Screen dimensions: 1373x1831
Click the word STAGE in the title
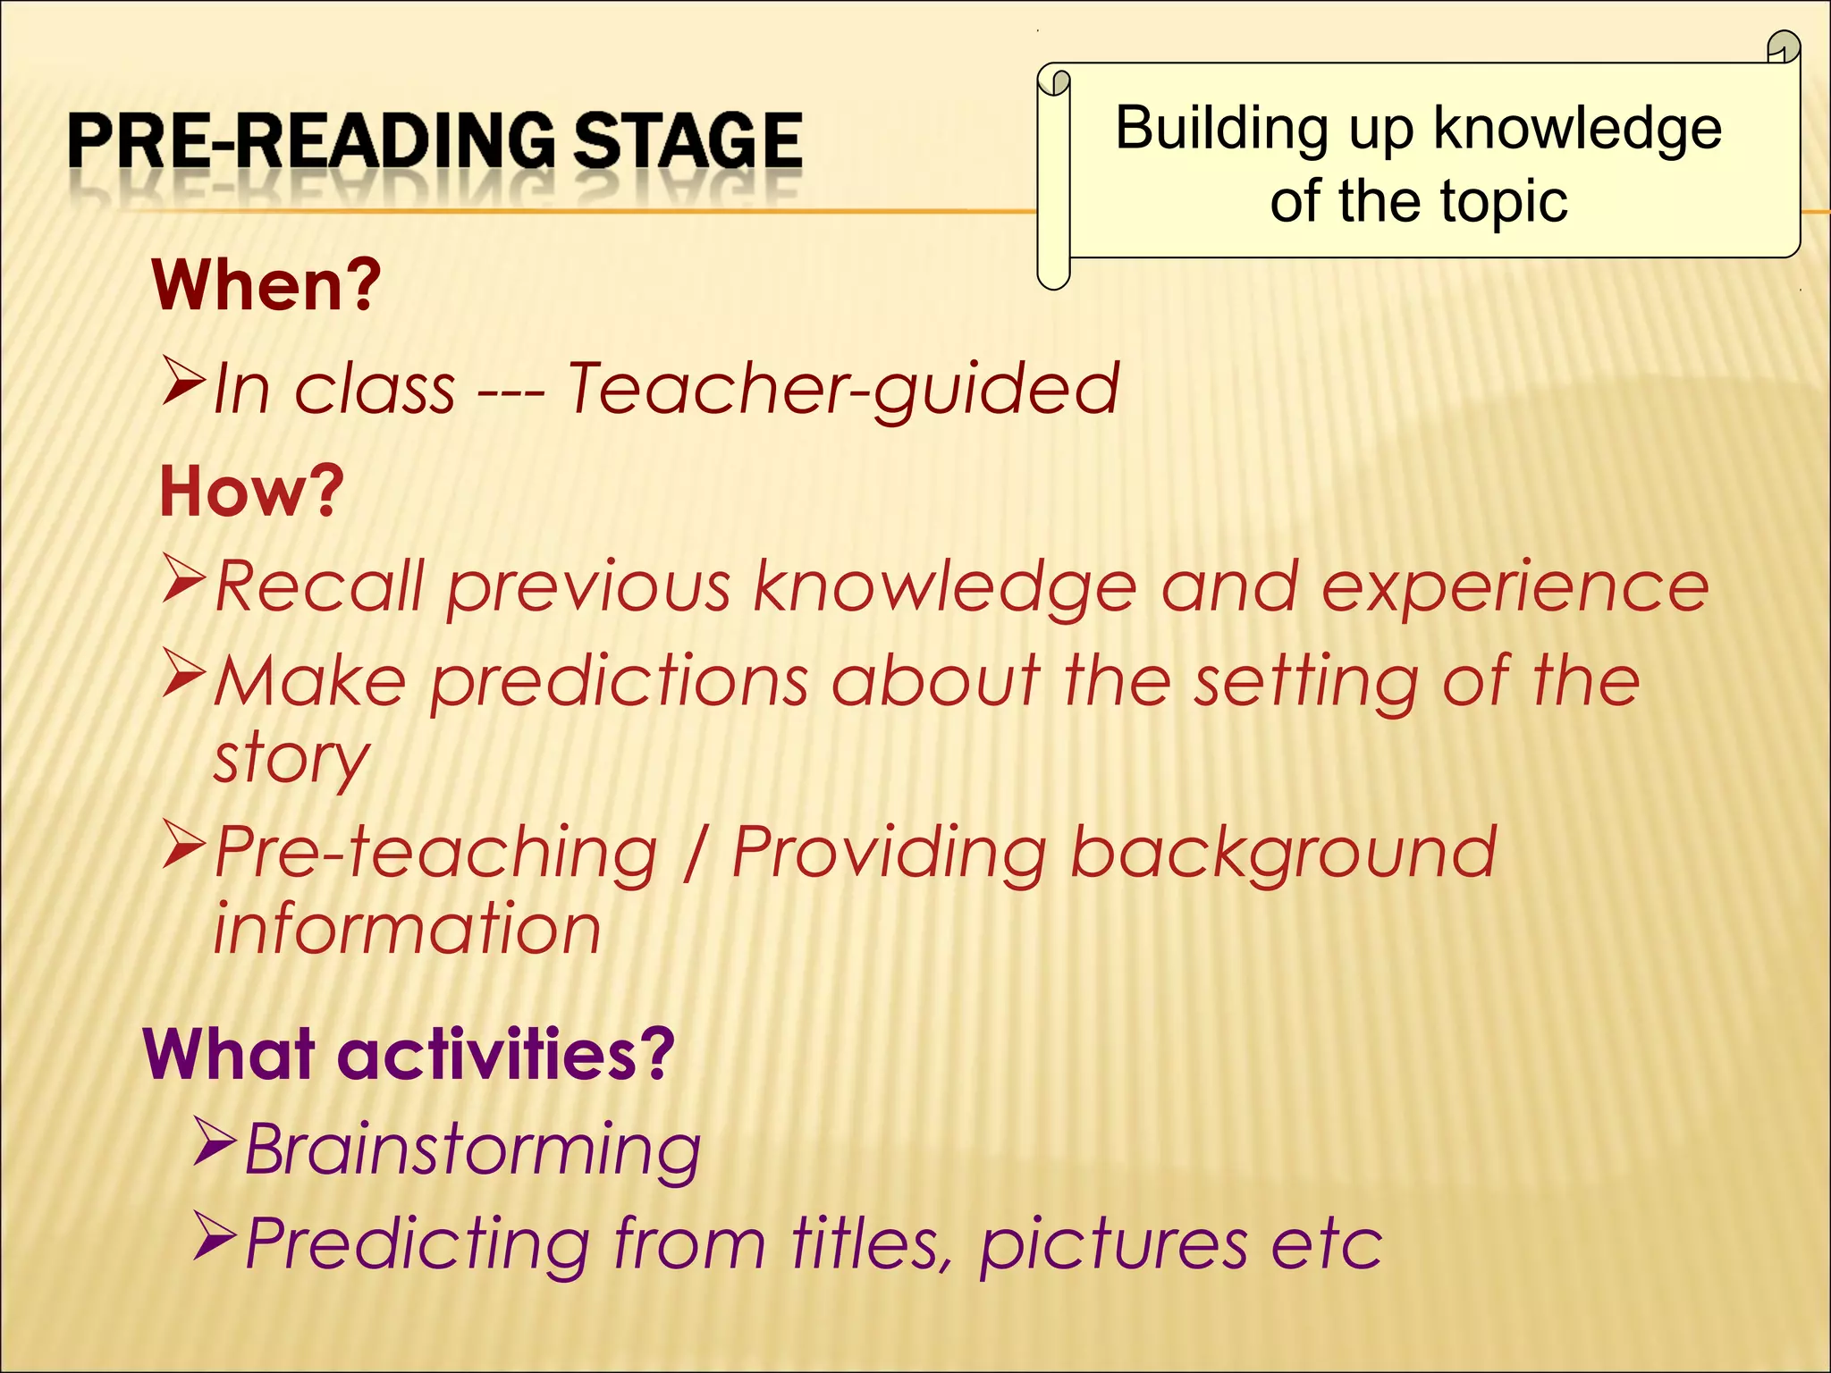pos(687,140)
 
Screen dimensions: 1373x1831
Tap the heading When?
pos(266,285)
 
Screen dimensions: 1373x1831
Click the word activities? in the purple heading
pos(506,1055)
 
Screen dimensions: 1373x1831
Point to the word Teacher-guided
pos(843,389)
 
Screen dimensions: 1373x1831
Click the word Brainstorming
pos(472,1150)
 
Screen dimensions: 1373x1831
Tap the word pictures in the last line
pos(1113,1244)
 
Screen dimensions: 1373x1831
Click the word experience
pos(1515,588)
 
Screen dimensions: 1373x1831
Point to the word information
pos(407,930)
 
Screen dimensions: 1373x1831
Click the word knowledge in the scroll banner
pos(1577,129)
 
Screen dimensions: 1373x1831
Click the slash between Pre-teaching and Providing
pos(692,853)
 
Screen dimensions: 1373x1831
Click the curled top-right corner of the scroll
pos(1784,47)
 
